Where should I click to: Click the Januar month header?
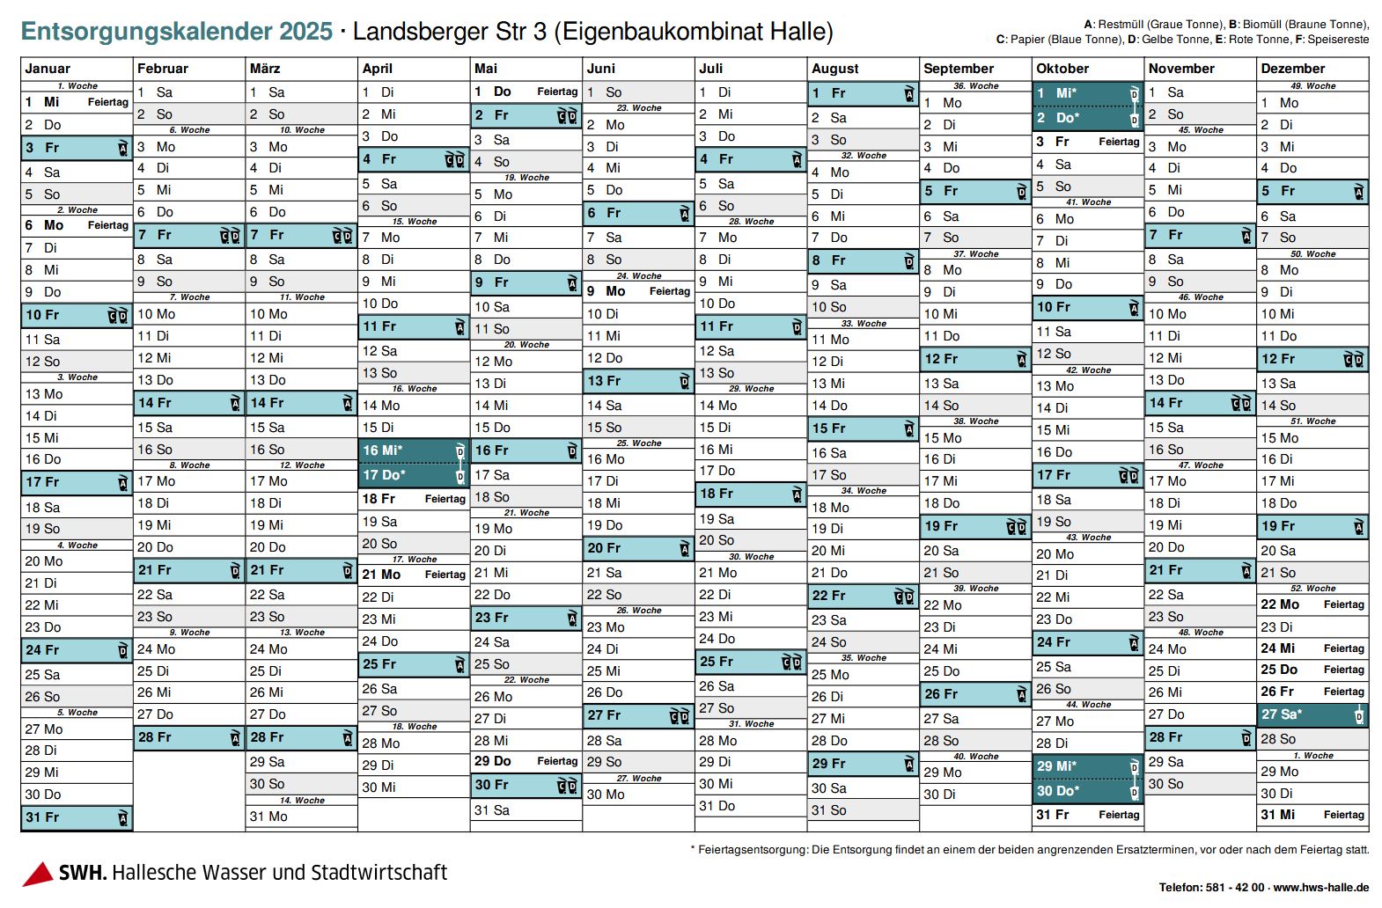click(48, 69)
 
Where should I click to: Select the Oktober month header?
click(1062, 69)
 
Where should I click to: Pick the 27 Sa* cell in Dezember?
click(1312, 714)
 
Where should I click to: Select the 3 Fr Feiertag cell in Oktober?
click(1088, 142)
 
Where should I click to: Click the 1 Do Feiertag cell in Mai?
click(526, 92)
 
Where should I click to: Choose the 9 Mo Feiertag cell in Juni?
click(638, 291)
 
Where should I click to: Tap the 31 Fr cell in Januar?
click(77, 817)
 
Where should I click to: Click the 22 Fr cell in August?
click(863, 596)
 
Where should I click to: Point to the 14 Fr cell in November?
click(1200, 403)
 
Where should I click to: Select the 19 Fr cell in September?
click(975, 526)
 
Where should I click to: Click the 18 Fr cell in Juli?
click(751, 494)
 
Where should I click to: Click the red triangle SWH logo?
click(38, 874)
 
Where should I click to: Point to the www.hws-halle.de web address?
click(1320, 888)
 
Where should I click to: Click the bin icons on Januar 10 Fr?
click(118, 316)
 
